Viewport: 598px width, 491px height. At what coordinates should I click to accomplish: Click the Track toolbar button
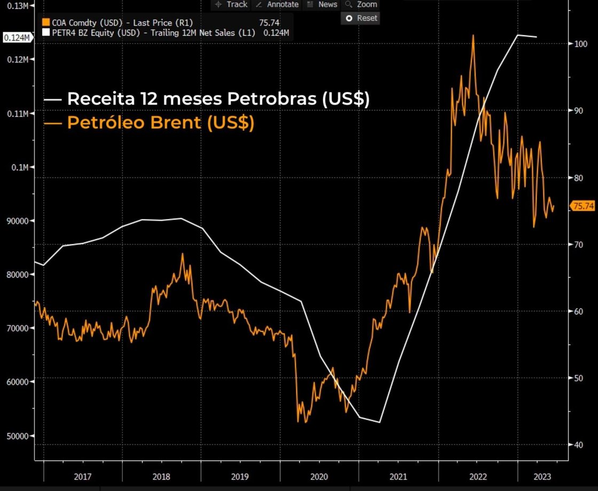click(231, 4)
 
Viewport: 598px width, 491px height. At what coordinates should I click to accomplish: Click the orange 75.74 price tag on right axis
click(583, 206)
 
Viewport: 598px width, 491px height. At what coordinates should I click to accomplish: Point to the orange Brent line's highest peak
click(473, 35)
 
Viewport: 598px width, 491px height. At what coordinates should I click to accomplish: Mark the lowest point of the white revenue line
click(379, 422)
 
